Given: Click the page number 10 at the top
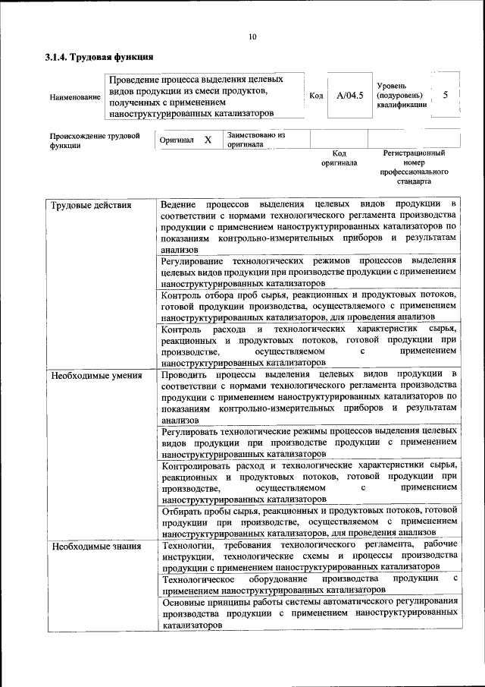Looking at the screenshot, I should tap(252, 36).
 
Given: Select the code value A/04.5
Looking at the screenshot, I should tap(350, 96).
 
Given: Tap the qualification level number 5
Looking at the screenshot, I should tap(446, 95).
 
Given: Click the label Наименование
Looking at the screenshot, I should tap(74, 97).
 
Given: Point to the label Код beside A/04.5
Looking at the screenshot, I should tap(317, 96).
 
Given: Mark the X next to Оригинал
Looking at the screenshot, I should tap(208, 140).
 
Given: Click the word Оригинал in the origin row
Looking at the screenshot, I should tap(177, 140).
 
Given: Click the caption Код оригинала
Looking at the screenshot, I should tap(339, 158).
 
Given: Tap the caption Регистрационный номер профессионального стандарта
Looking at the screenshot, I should tap(414, 168).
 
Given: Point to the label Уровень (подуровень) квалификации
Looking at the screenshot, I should tap(400, 96).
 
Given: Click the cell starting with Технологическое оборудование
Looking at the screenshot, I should tap(309, 583).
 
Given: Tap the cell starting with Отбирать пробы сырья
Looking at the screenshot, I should tap(309, 521).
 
